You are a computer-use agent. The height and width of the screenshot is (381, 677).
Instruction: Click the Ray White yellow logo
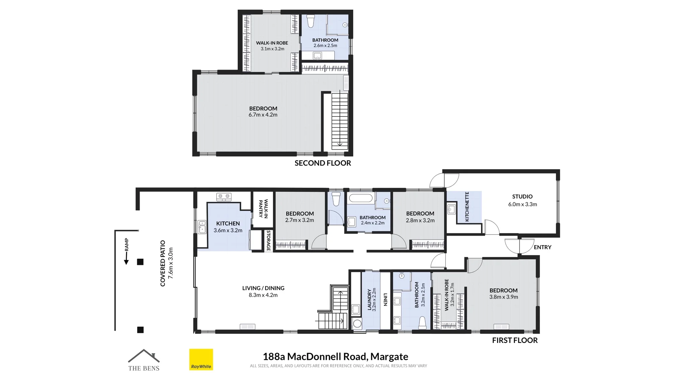tap(201, 359)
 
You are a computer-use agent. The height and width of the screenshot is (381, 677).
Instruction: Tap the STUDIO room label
tap(522, 196)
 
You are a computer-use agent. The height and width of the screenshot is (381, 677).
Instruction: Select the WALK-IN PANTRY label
tap(263, 208)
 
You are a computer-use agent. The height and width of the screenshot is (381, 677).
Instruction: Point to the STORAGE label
tap(268, 241)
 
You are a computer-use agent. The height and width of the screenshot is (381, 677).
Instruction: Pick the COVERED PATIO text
tap(163, 263)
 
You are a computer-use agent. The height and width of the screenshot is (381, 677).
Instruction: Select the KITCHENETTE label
tap(467, 207)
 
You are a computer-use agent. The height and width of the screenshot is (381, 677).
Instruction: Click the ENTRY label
tap(542, 247)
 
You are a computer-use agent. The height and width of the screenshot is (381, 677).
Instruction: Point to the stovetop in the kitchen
tap(224, 197)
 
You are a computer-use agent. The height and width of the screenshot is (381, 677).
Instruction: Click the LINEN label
tap(385, 300)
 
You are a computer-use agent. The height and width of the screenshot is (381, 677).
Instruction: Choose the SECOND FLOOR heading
tap(323, 163)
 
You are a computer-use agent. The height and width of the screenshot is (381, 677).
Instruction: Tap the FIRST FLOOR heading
tap(515, 340)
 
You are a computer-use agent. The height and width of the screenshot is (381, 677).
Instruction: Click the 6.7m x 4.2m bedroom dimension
tap(263, 115)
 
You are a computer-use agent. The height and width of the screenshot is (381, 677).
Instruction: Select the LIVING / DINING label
tap(263, 288)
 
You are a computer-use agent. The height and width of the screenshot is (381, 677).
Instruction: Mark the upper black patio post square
tap(140, 262)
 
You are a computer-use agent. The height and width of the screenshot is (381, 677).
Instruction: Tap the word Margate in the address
tap(389, 357)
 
